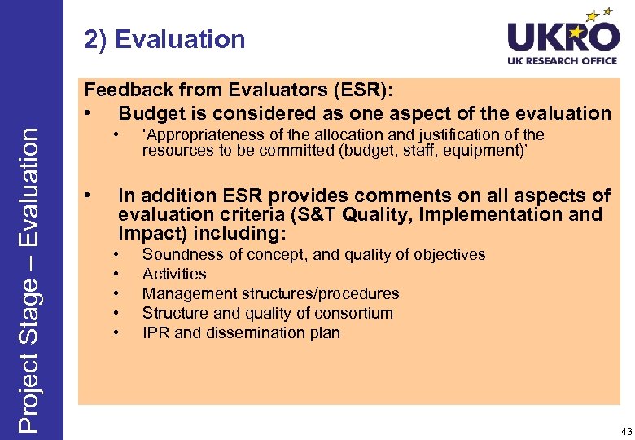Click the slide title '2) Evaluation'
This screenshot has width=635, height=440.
164,39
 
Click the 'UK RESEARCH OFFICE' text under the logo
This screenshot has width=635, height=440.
563,61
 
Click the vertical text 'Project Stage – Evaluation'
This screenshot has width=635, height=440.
30,277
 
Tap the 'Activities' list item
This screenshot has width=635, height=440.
174,274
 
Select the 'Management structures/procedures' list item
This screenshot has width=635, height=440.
270,293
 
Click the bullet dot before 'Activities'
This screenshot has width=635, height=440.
119,274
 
